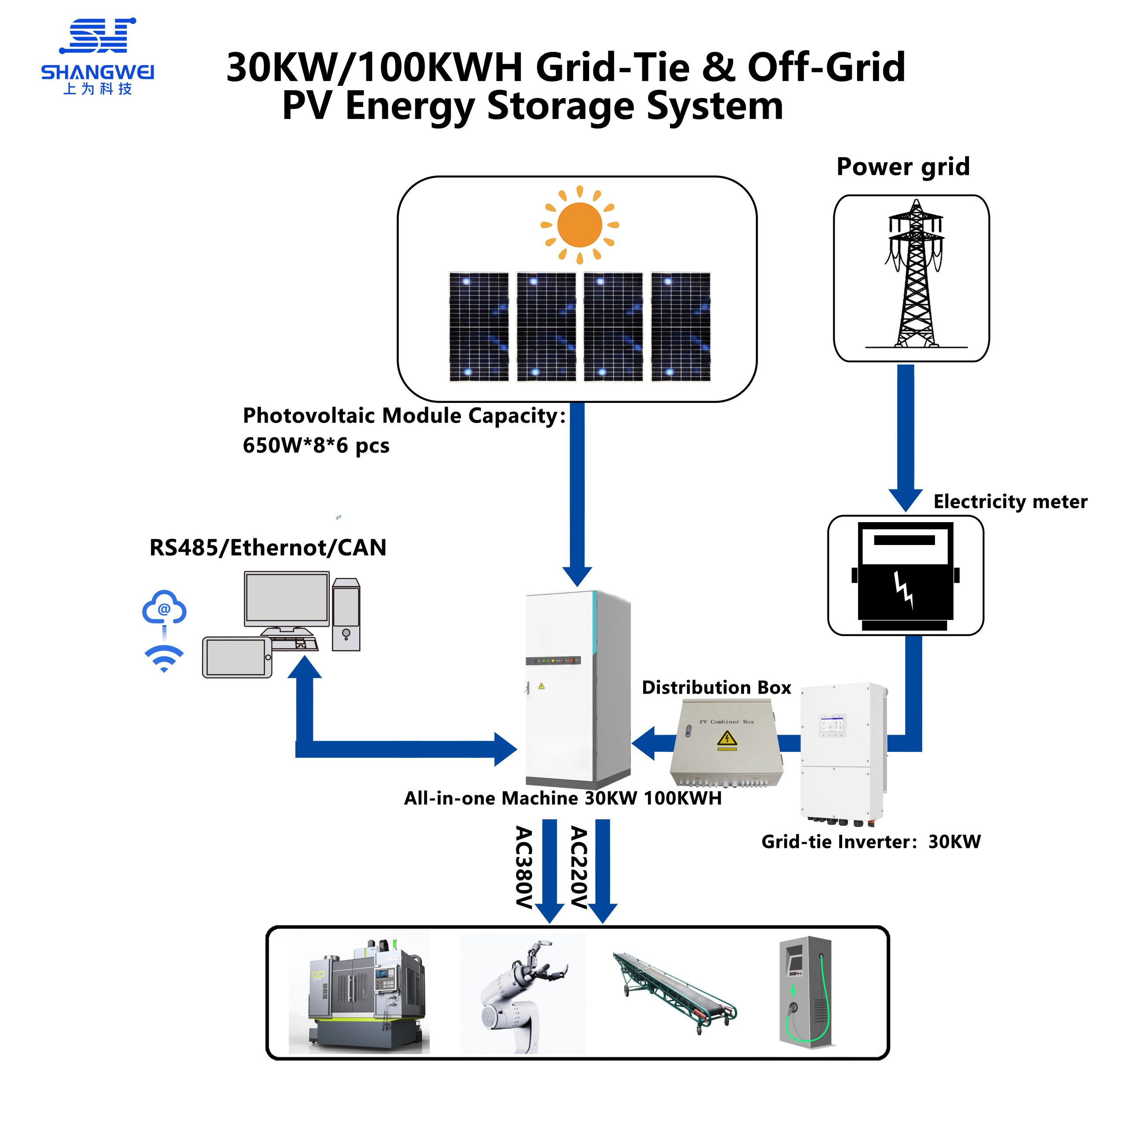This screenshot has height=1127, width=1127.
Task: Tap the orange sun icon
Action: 579,225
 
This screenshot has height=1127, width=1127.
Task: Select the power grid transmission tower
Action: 915,274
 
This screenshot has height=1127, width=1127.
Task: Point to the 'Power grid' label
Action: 902,167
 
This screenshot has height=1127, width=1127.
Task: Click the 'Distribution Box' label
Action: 716,687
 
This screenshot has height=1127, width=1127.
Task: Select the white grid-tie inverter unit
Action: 843,752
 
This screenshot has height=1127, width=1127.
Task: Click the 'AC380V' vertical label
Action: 524,867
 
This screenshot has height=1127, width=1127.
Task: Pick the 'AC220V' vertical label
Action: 578,867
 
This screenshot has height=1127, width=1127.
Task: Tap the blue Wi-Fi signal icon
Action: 164,657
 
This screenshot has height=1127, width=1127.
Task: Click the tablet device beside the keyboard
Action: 237,657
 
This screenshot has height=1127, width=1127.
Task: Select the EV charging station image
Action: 806,992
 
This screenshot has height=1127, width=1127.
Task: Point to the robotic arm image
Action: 523,993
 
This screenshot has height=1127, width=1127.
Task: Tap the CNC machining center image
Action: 359,993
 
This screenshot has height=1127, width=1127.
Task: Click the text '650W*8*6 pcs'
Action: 316,446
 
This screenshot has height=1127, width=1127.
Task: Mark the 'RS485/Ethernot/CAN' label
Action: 268,548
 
